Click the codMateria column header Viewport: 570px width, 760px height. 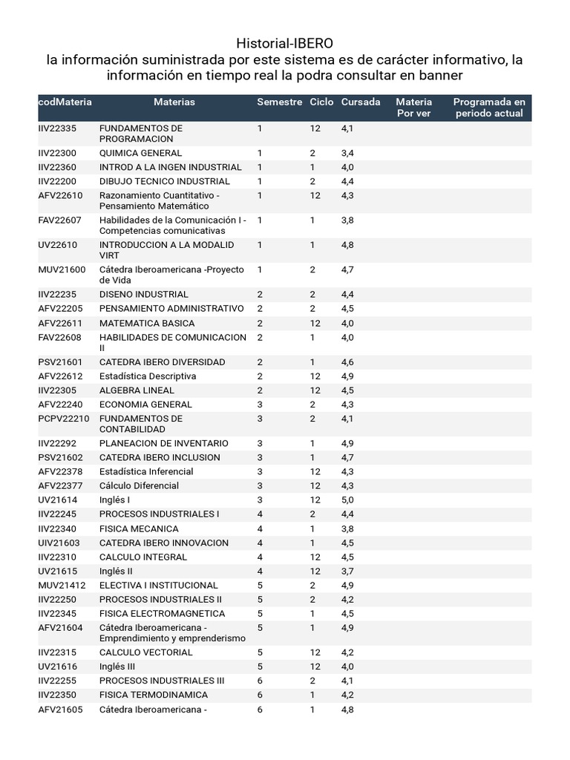coord(65,102)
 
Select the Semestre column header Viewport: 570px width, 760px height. coord(279,102)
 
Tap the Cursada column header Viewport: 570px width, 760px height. coord(361,102)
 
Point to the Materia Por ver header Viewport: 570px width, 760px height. coord(413,108)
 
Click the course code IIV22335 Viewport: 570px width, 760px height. coord(57,128)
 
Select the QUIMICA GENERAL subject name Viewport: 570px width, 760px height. coord(140,153)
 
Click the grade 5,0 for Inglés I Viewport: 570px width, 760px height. coord(347,500)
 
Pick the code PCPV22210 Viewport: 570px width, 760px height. coord(64,419)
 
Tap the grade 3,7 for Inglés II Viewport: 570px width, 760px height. coord(347,571)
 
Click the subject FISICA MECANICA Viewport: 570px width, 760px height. coord(139,529)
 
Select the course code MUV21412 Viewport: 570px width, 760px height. coord(62,586)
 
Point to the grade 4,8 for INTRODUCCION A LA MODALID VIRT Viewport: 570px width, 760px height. coord(347,245)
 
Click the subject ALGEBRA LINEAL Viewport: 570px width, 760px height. coord(137,390)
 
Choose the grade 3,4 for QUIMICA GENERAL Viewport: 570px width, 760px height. coord(347,153)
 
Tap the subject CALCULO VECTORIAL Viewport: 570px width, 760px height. coord(145,653)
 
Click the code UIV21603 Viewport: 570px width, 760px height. coord(59,543)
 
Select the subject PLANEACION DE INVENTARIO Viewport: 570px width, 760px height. coord(163,444)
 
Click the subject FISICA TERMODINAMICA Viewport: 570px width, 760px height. coord(153,695)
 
